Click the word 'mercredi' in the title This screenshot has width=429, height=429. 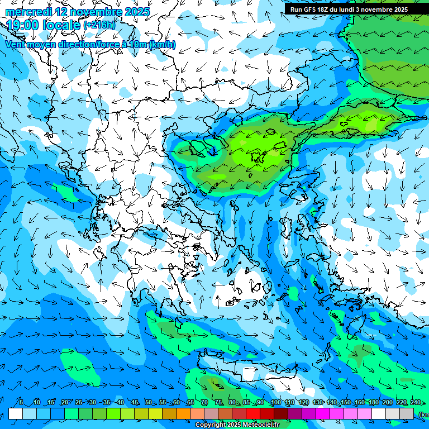[27, 12]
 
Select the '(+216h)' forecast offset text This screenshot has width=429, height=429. [99, 25]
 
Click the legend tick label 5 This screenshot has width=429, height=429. [21, 403]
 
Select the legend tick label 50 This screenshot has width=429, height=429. [148, 403]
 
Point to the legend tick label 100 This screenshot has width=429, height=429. [275, 403]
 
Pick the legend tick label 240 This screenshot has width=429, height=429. [415, 403]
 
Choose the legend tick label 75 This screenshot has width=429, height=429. [218, 403]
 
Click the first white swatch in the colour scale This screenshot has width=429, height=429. [16, 413]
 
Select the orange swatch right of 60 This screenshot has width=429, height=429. [183, 413]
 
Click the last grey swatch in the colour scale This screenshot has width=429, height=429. [407, 413]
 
